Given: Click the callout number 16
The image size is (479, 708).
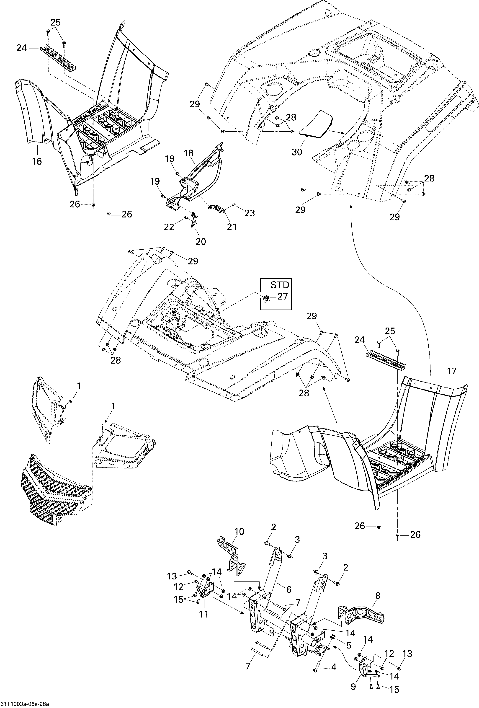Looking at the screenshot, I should click(37, 161).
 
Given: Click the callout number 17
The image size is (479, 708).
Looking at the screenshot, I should click(452, 371).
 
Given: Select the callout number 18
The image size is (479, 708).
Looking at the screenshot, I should click(189, 153).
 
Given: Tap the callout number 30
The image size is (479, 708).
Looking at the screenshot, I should click(297, 152).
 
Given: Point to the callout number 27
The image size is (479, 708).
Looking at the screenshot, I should click(283, 296).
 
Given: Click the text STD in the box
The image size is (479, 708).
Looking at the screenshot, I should click(280, 285).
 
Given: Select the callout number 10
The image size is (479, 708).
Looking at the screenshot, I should click(239, 531).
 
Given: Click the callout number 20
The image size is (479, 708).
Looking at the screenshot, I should click(201, 242).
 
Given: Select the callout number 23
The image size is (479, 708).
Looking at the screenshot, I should click(249, 213).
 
